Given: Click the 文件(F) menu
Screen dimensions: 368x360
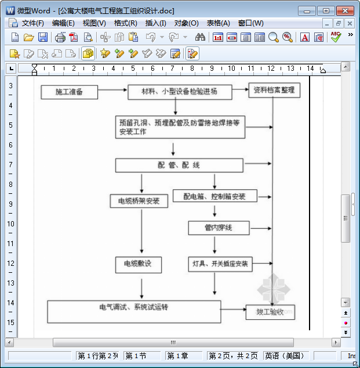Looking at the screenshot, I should [32, 23].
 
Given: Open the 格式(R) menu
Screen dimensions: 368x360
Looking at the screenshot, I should [125, 23].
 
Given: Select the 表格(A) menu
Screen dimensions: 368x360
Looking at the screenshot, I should [218, 23].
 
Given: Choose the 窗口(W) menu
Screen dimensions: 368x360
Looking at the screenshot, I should [250, 23].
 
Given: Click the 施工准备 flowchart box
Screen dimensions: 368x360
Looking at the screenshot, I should [69, 92].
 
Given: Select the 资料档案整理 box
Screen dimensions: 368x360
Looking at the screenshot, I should [274, 90].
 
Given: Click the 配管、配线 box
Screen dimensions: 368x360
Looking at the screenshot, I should [179, 165].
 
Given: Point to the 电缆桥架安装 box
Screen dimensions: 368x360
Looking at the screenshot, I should [139, 201].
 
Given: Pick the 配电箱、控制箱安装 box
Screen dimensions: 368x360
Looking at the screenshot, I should [214, 196].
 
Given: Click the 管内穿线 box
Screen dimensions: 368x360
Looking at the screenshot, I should [219, 228].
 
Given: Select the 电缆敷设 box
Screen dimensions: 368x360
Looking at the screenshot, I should [138, 264].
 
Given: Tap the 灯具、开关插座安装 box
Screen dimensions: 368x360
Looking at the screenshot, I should [220, 264].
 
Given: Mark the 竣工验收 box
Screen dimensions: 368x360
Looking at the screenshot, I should [270, 312].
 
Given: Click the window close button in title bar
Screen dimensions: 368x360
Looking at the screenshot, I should [346, 10].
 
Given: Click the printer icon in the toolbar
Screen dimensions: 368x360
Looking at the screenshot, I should [60, 37].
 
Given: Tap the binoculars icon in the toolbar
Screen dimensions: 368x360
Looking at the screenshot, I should [200, 37].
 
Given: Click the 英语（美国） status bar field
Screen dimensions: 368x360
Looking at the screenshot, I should [284, 356].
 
